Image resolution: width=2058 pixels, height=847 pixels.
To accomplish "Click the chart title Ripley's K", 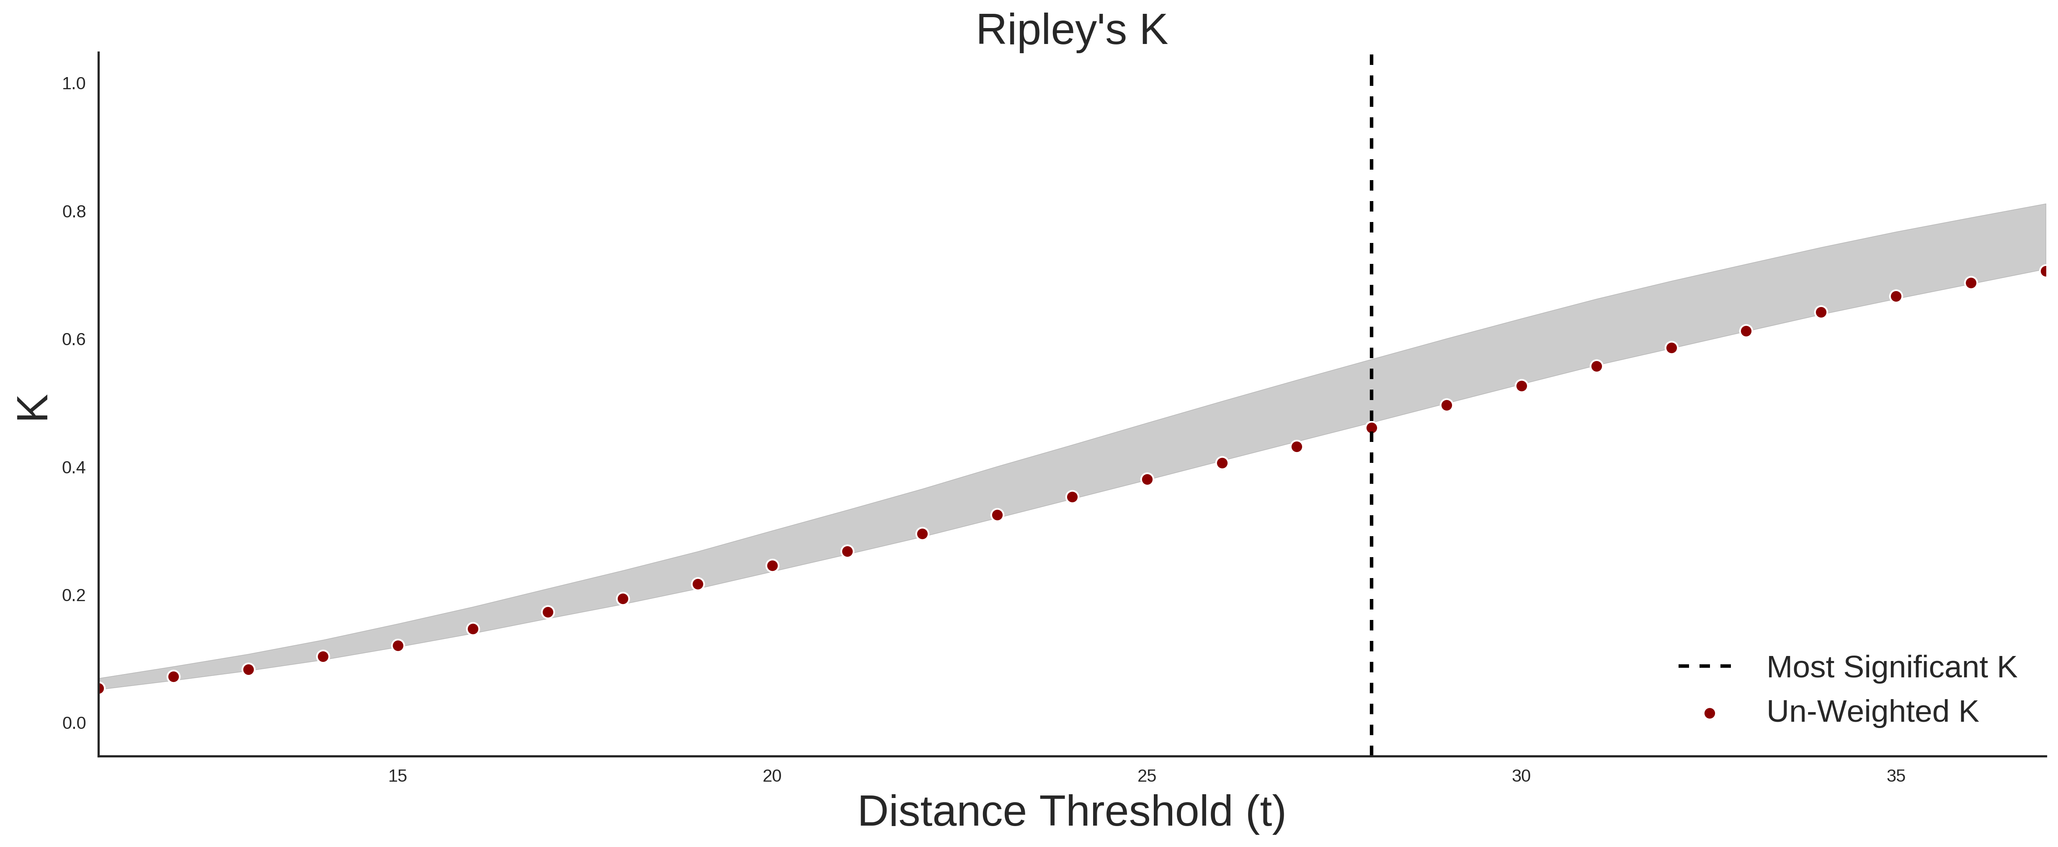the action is click(x=1071, y=30).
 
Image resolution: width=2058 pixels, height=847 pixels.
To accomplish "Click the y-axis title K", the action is click(x=33, y=408).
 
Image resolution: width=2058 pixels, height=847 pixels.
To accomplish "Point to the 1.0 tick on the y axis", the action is click(x=74, y=84).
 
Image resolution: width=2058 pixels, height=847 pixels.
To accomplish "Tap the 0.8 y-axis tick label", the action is click(x=74, y=212).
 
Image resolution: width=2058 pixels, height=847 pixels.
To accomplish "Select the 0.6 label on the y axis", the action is click(x=74, y=340).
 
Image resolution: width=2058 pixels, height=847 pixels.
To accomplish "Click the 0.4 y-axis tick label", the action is click(x=74, y=467).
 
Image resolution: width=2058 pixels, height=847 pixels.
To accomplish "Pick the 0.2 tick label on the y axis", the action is click(x=74, y=595).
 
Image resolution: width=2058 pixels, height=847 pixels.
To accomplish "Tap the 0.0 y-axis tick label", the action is click(x=74, y=723).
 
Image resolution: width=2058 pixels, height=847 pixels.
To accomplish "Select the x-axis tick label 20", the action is click(x=772, y=776).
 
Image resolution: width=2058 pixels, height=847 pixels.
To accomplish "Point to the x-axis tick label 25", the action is click(x=1146, y=776).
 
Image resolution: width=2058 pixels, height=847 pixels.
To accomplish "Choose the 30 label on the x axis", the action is click(x=1521, y=776).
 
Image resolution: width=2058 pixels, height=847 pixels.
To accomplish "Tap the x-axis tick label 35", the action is click(x=1896, y=776).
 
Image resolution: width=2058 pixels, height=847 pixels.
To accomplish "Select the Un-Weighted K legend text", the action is click(x=1872, y=711).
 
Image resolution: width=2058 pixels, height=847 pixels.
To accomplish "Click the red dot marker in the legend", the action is click(x=1709, y=713).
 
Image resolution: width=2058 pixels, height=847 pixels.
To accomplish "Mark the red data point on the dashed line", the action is click(x=1372, y=428).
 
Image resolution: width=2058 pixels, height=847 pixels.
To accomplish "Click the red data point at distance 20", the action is click(x=772, y=566).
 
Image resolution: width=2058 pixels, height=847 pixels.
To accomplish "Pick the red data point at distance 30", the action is click(x=1521, y=386).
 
